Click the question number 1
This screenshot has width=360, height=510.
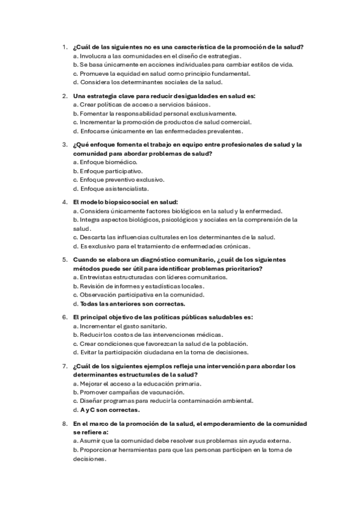click(64, 47)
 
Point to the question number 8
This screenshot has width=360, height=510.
click(64, 424)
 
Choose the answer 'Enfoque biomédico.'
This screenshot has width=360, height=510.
click(105, 162)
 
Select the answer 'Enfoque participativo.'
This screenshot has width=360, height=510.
click(108, 171)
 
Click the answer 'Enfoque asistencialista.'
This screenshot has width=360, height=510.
click(111, 189)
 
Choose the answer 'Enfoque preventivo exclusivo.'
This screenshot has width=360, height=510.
click(118, 180)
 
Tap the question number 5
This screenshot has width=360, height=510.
click(64, 260)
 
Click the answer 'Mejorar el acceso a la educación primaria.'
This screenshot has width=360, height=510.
click(136, 383)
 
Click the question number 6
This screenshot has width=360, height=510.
click(64, 317)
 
